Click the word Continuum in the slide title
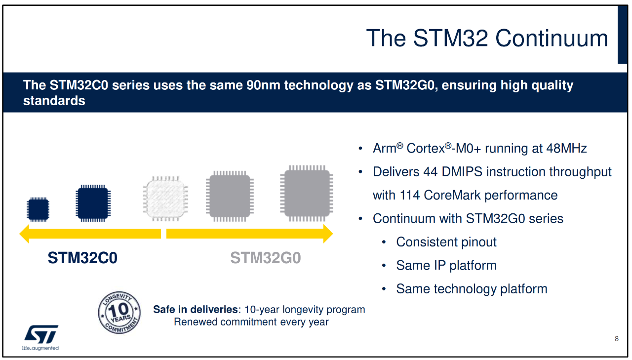point(552,39)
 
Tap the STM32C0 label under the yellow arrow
point(82,258)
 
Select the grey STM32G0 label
point(266,258)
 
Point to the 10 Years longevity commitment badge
point(119,313)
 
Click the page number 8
point(617,339)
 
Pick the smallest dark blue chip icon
point(38,209)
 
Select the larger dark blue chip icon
point(92,202)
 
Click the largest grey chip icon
point(307,193)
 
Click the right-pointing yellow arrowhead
point(326,234)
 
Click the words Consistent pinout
point(446,242)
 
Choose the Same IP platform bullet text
point(446,265)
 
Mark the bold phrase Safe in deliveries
point(196,310)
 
